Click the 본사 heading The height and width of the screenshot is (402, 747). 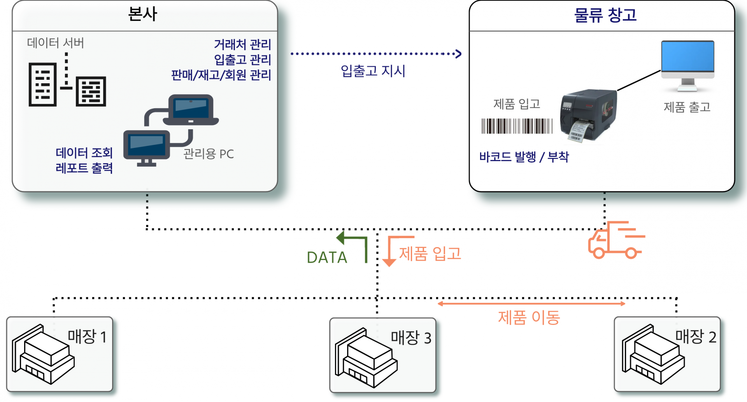pos(142,14)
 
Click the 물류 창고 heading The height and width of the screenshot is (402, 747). pos(605,15)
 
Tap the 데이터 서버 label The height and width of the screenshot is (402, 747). pos(56,43)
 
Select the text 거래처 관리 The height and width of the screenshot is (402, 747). pos(242,44)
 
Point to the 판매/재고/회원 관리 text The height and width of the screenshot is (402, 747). pos(221,75)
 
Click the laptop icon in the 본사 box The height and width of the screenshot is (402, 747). pos(191,110)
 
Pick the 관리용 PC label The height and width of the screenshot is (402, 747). pos(209,154)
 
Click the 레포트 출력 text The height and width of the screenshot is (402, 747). pos(84,168)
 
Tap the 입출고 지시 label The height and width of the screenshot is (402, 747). pos(373,71)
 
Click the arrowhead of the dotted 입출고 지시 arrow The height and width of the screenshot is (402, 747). pos(459,54)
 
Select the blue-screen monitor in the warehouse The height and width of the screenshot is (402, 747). pos(687,66)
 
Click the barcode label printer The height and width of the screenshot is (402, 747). pos(588,116)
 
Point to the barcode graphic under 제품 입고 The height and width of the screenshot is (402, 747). pos(517,126)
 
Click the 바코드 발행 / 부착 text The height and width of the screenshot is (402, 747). pos(524,157)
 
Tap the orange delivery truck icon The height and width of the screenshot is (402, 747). pos(616,240)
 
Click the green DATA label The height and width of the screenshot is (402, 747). pos(327,257)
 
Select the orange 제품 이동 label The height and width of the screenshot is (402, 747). pos(529,318)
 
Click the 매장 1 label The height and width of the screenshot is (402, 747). pos(87,337)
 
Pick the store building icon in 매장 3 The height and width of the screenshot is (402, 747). pos(366,358)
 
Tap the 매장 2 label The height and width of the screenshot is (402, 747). pos(696,337)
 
